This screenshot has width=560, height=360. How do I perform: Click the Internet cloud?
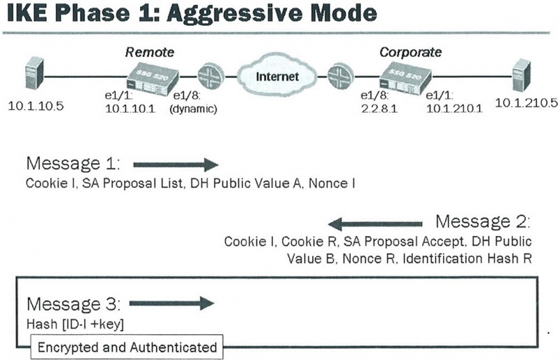pyautogui.click(x=277, y=75)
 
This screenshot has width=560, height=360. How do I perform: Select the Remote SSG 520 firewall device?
pyautogui.click(x=153, y=81)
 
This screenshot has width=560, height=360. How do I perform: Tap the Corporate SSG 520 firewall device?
pyautogui.click(x=405, y=80)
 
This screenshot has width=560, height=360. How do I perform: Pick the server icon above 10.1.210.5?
pyautogui.click(x=521, y=75)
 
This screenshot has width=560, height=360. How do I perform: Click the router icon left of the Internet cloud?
pyautogui.click(x=211, y=76)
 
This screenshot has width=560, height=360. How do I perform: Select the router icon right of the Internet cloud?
pyautogui.click(x=340, y=76)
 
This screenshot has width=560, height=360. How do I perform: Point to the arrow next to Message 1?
pyautogui.click(x=176, y=165)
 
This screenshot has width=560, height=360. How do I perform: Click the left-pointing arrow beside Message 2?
pyautogui.click(x=375, y=224)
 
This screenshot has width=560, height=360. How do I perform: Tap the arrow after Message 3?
pyautogui.click(x=171, y=303)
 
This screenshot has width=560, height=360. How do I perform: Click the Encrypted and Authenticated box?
pyautogui.click(x=127, y=347)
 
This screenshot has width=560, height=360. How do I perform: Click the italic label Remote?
pyautogui.click(x=150, y=53)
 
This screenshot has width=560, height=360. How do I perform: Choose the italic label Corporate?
pyautogui.click(x=410, y=53)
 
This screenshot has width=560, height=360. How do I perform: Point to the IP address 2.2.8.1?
pyautogui.click(x=379, y=108)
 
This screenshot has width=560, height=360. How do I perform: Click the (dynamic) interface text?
pyautogui.click(x=193, y=109)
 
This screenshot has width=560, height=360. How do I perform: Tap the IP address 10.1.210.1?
pyautogui.click(x=454, y=108)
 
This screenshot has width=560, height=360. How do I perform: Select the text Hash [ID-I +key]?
pyautogui.click(x=75, y=324)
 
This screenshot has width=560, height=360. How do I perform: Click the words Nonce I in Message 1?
pyautogui.click(x=332, y=183)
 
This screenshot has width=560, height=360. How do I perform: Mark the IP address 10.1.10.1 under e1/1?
pyautogui.click(x=130, y=109)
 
